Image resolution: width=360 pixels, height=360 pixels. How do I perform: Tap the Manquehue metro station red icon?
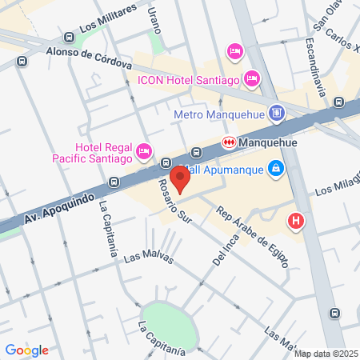[x=228, y=143]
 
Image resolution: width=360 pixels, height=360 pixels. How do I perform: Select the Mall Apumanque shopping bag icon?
[x=275, y=168]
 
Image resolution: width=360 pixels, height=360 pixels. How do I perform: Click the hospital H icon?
[x=296, y=221]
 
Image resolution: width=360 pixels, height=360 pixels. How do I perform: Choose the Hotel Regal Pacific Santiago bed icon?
[x=144, y=150]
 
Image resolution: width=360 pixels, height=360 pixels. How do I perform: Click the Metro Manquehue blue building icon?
[x=276, y=113]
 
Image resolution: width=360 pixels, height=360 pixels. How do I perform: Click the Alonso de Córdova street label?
[x=88, y=57]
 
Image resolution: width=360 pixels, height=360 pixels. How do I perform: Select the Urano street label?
[x=154, y=20]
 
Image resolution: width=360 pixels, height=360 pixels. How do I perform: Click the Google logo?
[x=26, y=350]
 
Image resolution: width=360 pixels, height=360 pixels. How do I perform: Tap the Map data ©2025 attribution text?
[x=326, y=354]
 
